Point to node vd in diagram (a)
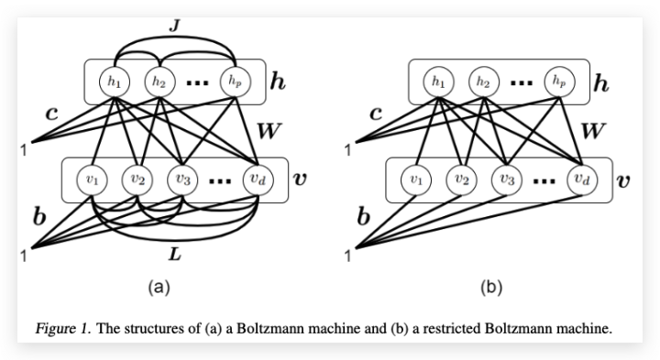pos(257,180)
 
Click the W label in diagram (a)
pos(269,131)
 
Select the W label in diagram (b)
pos(593,131)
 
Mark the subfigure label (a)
pos(160,288)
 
